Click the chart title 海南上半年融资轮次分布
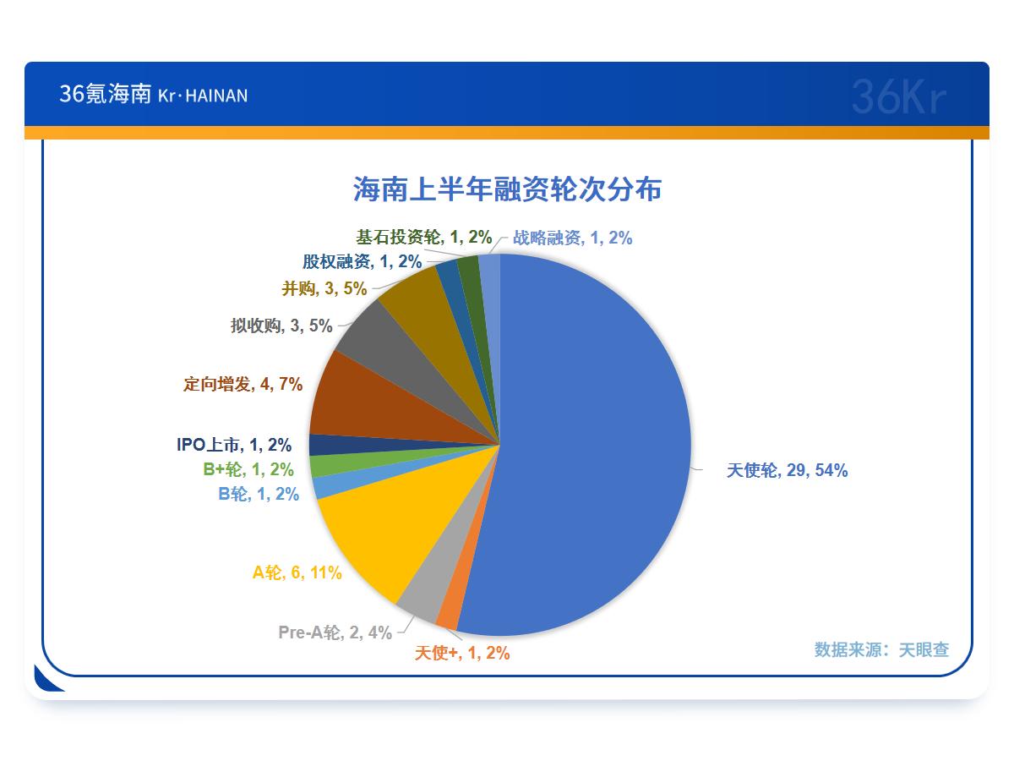[507, 189]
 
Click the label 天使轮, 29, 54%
[787, 470]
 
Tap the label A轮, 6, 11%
[297, 572]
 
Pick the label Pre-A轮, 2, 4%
[335, 632]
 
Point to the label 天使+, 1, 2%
[462, 653]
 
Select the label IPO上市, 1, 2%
[234, 445]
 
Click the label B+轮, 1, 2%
[248, 469]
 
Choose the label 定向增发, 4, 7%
[243, 384]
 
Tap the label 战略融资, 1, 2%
[572, 238]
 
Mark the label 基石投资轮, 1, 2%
[423, 237]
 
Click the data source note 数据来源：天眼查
[881, 649]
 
